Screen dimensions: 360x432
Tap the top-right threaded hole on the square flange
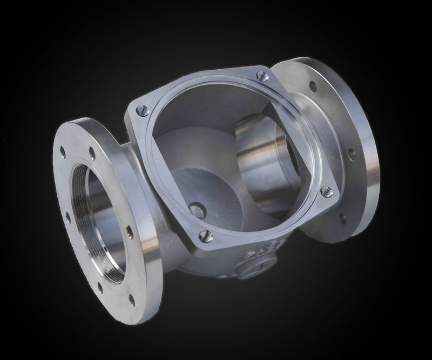click(262, 75)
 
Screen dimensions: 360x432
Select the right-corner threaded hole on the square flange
click(326, 191)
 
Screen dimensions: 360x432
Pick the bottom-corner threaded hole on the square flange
click(204, 235)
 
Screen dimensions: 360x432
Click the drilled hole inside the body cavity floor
click(198, 210)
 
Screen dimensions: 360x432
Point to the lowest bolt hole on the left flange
click(131, 298)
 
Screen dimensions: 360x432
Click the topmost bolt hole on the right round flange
click(312, 85)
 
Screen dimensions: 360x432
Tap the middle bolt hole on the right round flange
click(352, 154)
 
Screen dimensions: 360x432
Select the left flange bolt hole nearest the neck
click(130, 232)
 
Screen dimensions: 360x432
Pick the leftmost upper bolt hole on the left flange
click(64, 152)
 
